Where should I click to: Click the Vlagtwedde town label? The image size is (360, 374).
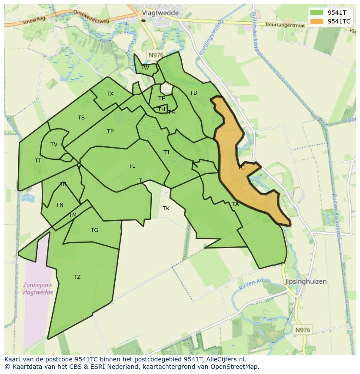coord(160,13)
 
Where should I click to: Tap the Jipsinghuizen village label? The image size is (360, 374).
coord(306,281)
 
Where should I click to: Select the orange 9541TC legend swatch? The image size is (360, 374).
coord(317,21)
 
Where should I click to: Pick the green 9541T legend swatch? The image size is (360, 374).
coord(317,13)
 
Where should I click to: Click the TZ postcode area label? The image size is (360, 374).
coord(77,277)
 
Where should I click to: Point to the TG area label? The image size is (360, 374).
coord(94,230)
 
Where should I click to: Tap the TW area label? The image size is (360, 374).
coord(145,67)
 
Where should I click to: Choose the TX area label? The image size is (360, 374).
coord(110,94)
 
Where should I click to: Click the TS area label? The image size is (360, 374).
coord(81,118)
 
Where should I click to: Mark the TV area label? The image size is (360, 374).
coord(54,145)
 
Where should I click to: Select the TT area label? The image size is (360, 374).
coord(38,161)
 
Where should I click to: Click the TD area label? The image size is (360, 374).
coord(193,93)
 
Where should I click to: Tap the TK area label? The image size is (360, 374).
coord(166,209)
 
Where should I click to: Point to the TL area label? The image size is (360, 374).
coord(132,166)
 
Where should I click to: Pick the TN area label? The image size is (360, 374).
coord(60,205)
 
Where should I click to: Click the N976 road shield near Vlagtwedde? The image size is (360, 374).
coord(156,55)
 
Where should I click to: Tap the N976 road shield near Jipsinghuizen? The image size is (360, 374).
coord(303,330)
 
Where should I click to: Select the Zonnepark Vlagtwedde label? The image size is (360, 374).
coord(38,289)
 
